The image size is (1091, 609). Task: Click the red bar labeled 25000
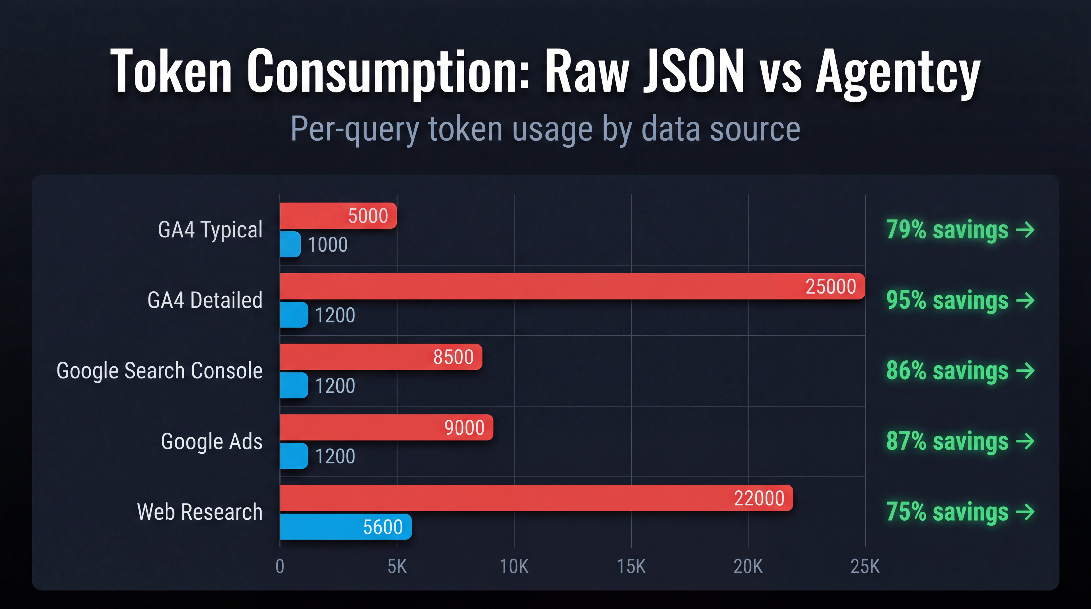point(572,286)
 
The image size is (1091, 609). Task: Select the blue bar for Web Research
point(345,527)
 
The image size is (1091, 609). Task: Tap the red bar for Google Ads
point(386,427)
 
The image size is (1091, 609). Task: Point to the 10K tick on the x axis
point(514,566)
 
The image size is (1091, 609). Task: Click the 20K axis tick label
point(748,566)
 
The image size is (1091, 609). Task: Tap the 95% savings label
point(947,300)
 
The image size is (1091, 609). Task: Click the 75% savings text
point(947,512)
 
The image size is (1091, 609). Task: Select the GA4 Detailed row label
point(205,300)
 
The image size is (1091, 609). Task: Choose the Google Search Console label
point(160,371)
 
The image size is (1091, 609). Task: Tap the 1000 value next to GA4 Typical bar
point(327,245)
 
